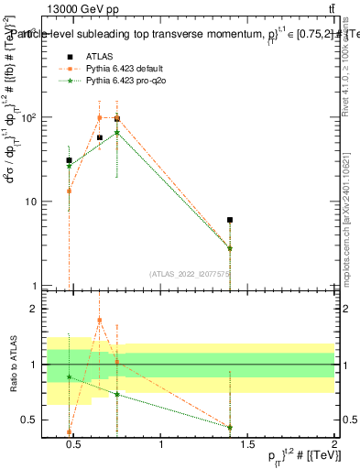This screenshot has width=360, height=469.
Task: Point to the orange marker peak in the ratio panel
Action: [100, 321]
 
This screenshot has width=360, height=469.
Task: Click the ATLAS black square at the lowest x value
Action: [69, 160]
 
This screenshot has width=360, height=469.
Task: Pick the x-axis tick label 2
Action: [334, 446]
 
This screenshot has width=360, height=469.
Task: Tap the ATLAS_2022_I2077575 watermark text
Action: [190, 273]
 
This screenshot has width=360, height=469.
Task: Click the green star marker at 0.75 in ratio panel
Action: [117, 394]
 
